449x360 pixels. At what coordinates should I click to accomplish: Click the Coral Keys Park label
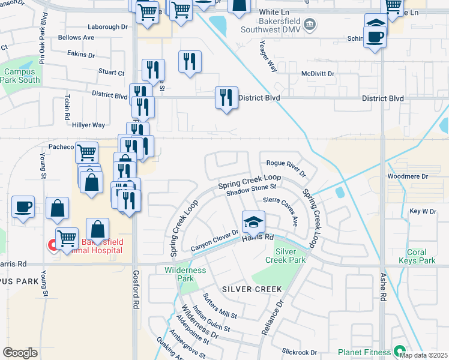tap(417, 256)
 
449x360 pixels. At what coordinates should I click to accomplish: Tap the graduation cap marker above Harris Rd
tap(253, 223)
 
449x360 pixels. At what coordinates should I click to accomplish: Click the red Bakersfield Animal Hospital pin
tap(52, 245)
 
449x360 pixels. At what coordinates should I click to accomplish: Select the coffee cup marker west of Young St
tap(24, 207)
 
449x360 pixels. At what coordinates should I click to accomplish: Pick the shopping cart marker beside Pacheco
tap(87, 152)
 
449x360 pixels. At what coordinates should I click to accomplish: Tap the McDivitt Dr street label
tap(318, 73)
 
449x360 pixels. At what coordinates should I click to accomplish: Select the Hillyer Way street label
tap(88, 125)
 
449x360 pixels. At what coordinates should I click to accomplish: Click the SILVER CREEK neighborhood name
tap(252, 289)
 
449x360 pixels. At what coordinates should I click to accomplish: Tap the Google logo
tap(20, 353)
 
